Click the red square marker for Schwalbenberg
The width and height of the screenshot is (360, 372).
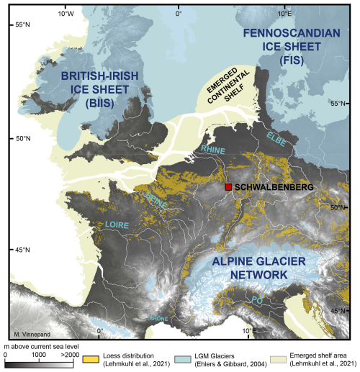[x=228, y=187]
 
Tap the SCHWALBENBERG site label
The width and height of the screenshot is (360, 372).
[x=274, y=187]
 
